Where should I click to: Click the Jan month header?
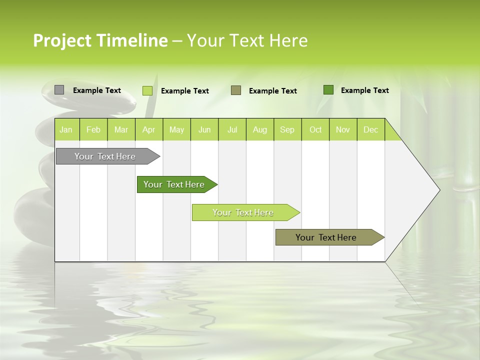pos(66,129)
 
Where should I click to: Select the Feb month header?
pos(93,129)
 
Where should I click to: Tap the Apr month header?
pos(149,129)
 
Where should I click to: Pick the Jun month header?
pos(204,129)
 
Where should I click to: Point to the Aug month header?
pos(260,129)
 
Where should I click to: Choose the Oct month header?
pos(315,129)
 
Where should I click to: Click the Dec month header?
pos(371,129)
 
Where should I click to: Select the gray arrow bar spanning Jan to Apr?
pos(105,156)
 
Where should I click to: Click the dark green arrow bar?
pos(174,184)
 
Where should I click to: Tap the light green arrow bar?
pos(243,212)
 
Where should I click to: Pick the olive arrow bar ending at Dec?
pos(326,237)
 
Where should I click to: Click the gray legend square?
pos(59,90)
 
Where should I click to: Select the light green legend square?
pos(147,90)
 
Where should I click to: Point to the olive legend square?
pos(236,90)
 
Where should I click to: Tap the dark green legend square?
pos(328,90)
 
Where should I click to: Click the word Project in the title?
pos(62,40)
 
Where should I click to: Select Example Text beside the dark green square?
pos(364,90)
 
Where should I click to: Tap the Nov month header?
pos(343,129)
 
